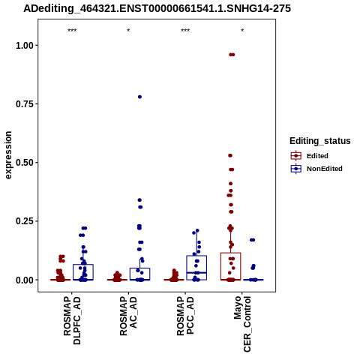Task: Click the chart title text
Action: coord(157,8)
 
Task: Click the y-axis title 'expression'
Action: coord(8,155)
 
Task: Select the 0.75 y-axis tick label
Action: coord(25,104)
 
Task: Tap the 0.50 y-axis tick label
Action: coord(25,163)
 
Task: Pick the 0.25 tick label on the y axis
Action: coord(25,221)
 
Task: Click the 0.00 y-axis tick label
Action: coord(25,280)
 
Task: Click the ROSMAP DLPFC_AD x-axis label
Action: coord(72,320)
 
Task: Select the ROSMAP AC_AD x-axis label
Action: coord(128,316)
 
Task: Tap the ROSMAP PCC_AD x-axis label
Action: coord(185,316)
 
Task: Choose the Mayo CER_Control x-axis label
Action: coord(242,324)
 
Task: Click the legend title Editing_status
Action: coord(320,141)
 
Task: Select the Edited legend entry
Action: coord(310,156)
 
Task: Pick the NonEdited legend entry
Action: coord(316,169)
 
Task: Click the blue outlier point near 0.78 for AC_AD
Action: coord(139,97)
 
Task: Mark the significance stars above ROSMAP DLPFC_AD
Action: coord(72,31)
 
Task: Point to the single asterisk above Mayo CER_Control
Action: coord(242,31)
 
